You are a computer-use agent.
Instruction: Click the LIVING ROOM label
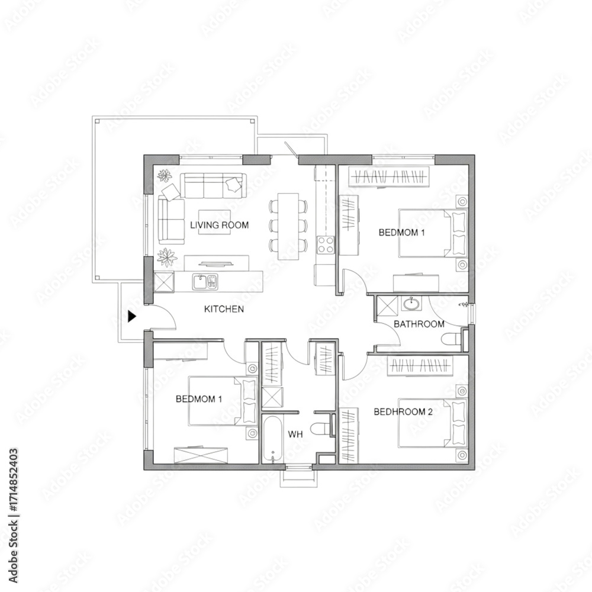tap(220, 226)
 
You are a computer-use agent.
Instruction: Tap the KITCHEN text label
tap(224, 309)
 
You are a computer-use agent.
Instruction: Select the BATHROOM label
tap(419, 324)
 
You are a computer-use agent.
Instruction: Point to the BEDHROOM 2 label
tap(403, 411)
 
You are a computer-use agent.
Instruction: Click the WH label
tap(295, 435)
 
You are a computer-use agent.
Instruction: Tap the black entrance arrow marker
tap(132, 316)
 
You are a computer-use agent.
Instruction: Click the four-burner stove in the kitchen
tap(326, 244)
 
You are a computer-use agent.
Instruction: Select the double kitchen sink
tap(205, 282)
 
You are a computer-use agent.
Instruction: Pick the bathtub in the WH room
tap(272, 439)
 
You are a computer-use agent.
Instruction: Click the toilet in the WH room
tap(320, 428)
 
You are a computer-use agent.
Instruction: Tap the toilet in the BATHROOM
tap(452, 339)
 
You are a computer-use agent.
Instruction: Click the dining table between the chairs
tap(288, 227)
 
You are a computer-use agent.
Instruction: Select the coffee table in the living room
tap(214, 222)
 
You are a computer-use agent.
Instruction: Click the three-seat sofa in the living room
tap(213, 185)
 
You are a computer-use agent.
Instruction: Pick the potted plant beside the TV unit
tap(167, 258)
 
